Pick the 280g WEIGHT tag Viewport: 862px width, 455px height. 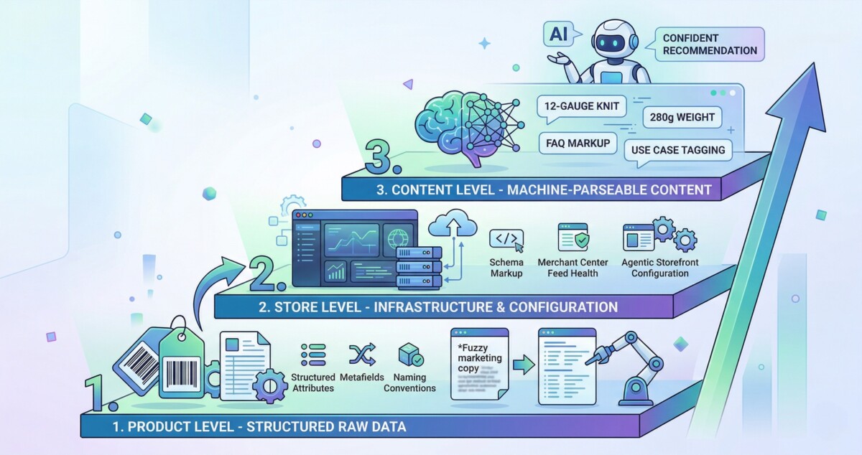682,117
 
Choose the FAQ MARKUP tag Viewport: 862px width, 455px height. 578,143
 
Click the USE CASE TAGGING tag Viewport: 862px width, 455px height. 679,151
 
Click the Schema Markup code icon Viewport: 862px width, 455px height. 506,238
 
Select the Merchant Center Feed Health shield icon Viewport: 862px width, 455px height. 573,238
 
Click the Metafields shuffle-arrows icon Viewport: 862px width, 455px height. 361,355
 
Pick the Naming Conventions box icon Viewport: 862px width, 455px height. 410,355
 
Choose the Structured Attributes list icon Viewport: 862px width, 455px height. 313,355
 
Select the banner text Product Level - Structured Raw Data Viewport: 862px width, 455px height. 259,427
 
